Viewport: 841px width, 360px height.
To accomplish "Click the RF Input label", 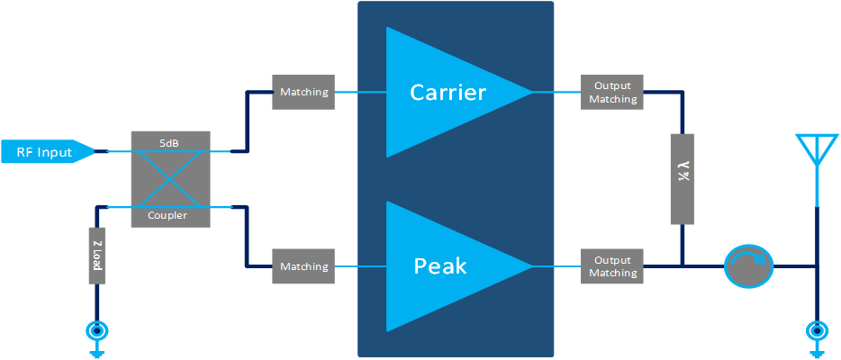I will pos(43,152).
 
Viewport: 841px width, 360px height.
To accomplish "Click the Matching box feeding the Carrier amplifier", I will pos(303,93).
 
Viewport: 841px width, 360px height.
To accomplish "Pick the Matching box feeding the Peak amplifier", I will pos(303,266).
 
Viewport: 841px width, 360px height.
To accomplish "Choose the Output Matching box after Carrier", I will pos(612,93).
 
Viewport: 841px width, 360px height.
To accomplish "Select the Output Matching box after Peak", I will pos(612,266).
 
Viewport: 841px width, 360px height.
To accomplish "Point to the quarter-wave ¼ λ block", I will pos(683,178).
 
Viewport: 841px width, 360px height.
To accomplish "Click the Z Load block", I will pos(96,256).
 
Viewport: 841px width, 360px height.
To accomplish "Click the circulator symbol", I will pos(748,266).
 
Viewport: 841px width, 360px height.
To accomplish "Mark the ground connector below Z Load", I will pos(96,332).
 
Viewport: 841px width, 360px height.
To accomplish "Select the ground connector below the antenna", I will pos(817,332).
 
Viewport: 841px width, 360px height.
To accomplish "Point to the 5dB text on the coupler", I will pos(170,141).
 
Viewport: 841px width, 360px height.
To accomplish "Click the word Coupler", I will pos(170,215).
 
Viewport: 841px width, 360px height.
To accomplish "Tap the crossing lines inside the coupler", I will pos(170,178).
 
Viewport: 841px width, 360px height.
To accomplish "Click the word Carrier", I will pos(448,92).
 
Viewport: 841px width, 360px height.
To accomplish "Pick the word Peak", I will pos(439,266).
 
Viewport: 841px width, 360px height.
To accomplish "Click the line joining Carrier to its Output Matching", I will pos(556,92).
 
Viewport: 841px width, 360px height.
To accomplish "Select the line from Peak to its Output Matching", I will pos(556,266).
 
